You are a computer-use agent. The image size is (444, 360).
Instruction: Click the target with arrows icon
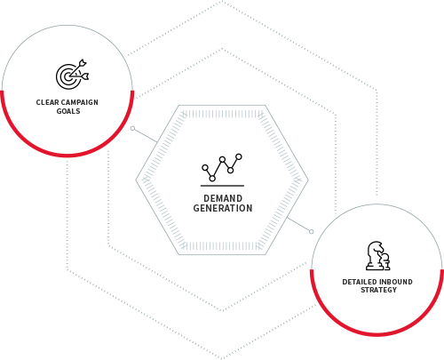pos(73,74)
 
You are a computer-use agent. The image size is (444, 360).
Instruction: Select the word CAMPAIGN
pos(80,102)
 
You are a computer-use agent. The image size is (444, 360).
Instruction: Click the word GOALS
pos(68,111)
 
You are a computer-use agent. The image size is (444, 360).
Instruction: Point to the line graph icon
pos(222,167)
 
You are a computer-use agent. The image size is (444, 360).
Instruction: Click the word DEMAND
pos(223,198)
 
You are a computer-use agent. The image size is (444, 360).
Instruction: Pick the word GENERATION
pos(223,208)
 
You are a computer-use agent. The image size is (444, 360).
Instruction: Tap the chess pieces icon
pos(378,255)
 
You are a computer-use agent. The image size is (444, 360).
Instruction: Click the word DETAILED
pos(359,282)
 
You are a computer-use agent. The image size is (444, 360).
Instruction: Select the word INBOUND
pos(395,282)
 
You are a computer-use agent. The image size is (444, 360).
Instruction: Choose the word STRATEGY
pos(378,290)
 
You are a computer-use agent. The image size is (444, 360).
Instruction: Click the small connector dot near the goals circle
pos(133,128)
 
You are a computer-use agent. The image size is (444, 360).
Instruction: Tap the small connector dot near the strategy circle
pos(311,231)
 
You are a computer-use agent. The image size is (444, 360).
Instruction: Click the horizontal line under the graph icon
pos(222,186)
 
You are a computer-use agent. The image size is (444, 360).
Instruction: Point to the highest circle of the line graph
pos(239,156)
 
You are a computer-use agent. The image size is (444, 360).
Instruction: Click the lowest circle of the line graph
pos(212,179)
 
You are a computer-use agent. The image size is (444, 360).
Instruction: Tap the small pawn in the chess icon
pos(385,261)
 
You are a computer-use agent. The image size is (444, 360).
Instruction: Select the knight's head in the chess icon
pos(376,248)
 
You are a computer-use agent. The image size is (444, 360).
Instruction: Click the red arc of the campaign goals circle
pos(67,155)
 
